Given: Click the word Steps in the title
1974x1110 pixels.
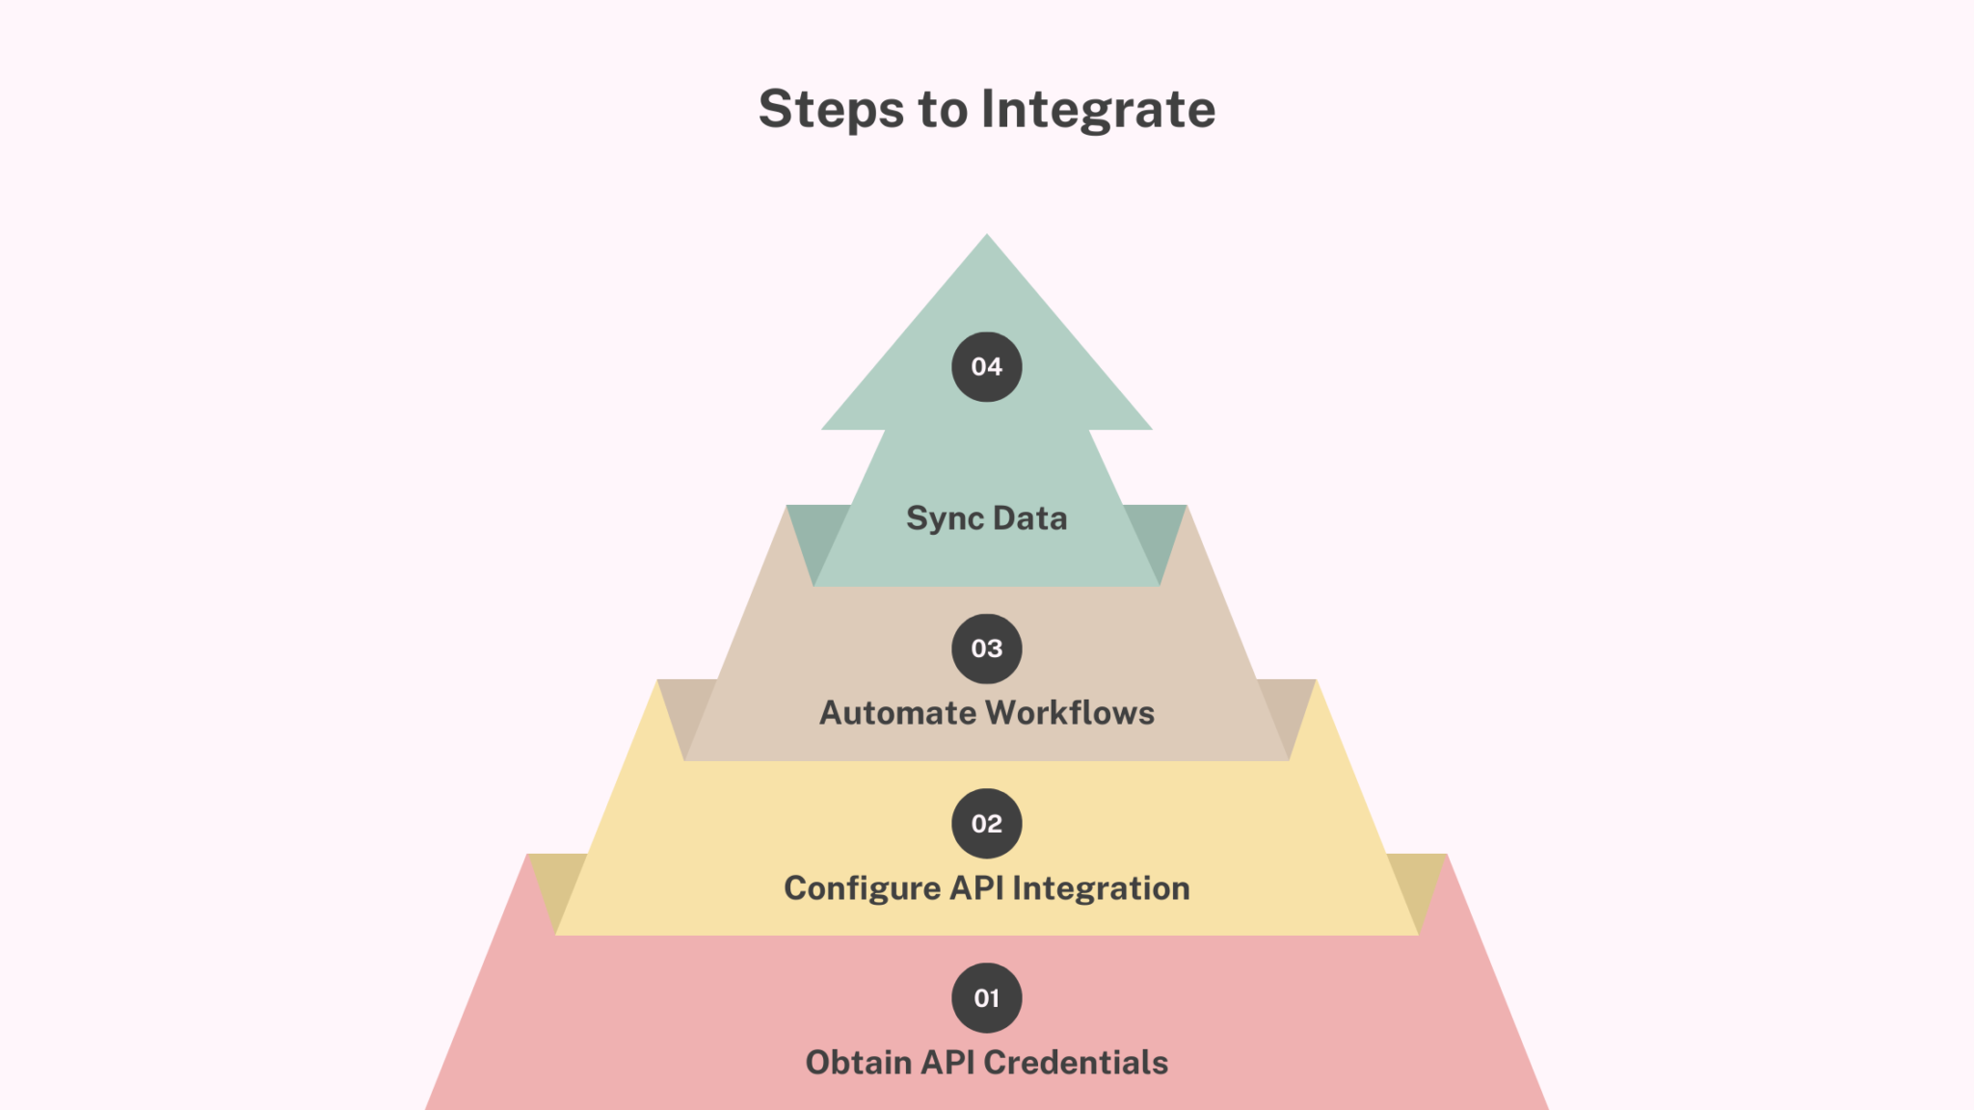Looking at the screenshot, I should [x=831, y=110].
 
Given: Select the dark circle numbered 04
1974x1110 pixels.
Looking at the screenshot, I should [x=986, y=367].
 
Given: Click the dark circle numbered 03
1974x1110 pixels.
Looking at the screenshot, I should [x=986, y=648].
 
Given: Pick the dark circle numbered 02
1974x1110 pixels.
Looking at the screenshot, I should [x=986, y=824].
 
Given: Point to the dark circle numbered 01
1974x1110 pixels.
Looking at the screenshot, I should [x=986, y=998].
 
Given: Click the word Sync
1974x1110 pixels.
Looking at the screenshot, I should [x=945, y=518].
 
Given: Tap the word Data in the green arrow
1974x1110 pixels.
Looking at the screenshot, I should [x=1029, y=518].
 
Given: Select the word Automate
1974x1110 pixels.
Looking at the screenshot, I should [x=897, y=713].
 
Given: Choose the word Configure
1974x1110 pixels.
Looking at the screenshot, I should [x=862, y=888].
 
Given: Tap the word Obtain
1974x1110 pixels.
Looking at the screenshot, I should [x=858, y=1063].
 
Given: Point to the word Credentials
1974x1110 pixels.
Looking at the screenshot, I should [x=1076, y=1063].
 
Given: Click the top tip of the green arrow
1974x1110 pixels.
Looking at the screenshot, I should [x=986, y=239].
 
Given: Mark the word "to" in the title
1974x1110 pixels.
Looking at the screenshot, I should [x=943, y=110].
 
